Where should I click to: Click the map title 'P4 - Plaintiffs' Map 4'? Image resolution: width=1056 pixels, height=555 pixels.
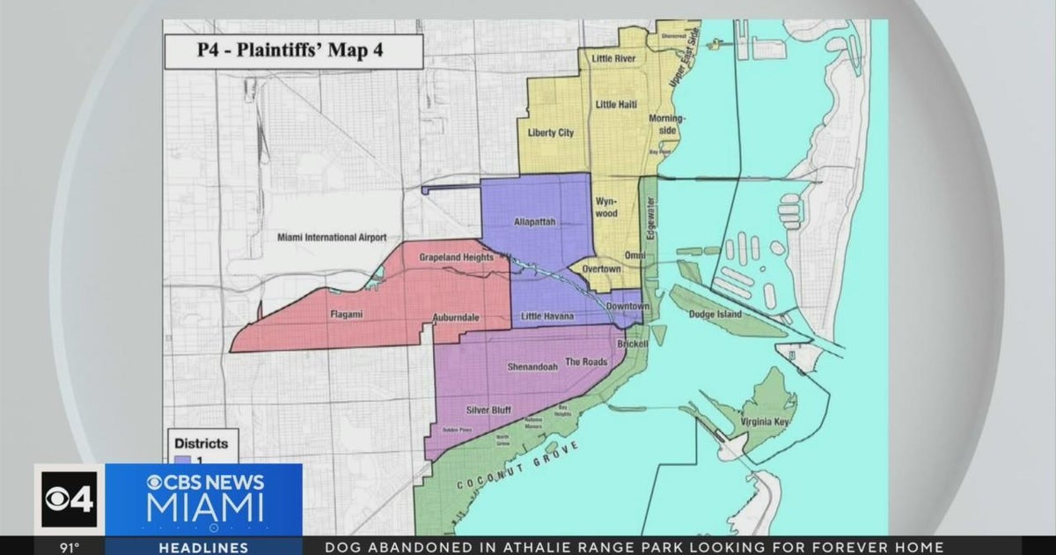(294, 52)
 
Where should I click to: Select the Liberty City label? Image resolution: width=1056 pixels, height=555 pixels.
(551, 133)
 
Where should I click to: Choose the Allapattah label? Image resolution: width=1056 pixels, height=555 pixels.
(534, 222)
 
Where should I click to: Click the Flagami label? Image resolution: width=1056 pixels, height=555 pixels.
(348, 313)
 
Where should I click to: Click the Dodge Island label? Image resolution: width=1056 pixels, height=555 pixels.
(715, 314)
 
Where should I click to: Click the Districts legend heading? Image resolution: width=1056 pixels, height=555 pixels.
(200, 443)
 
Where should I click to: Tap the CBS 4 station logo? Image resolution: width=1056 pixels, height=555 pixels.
(69, 499)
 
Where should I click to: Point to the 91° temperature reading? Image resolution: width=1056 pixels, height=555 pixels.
(70, 547)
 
